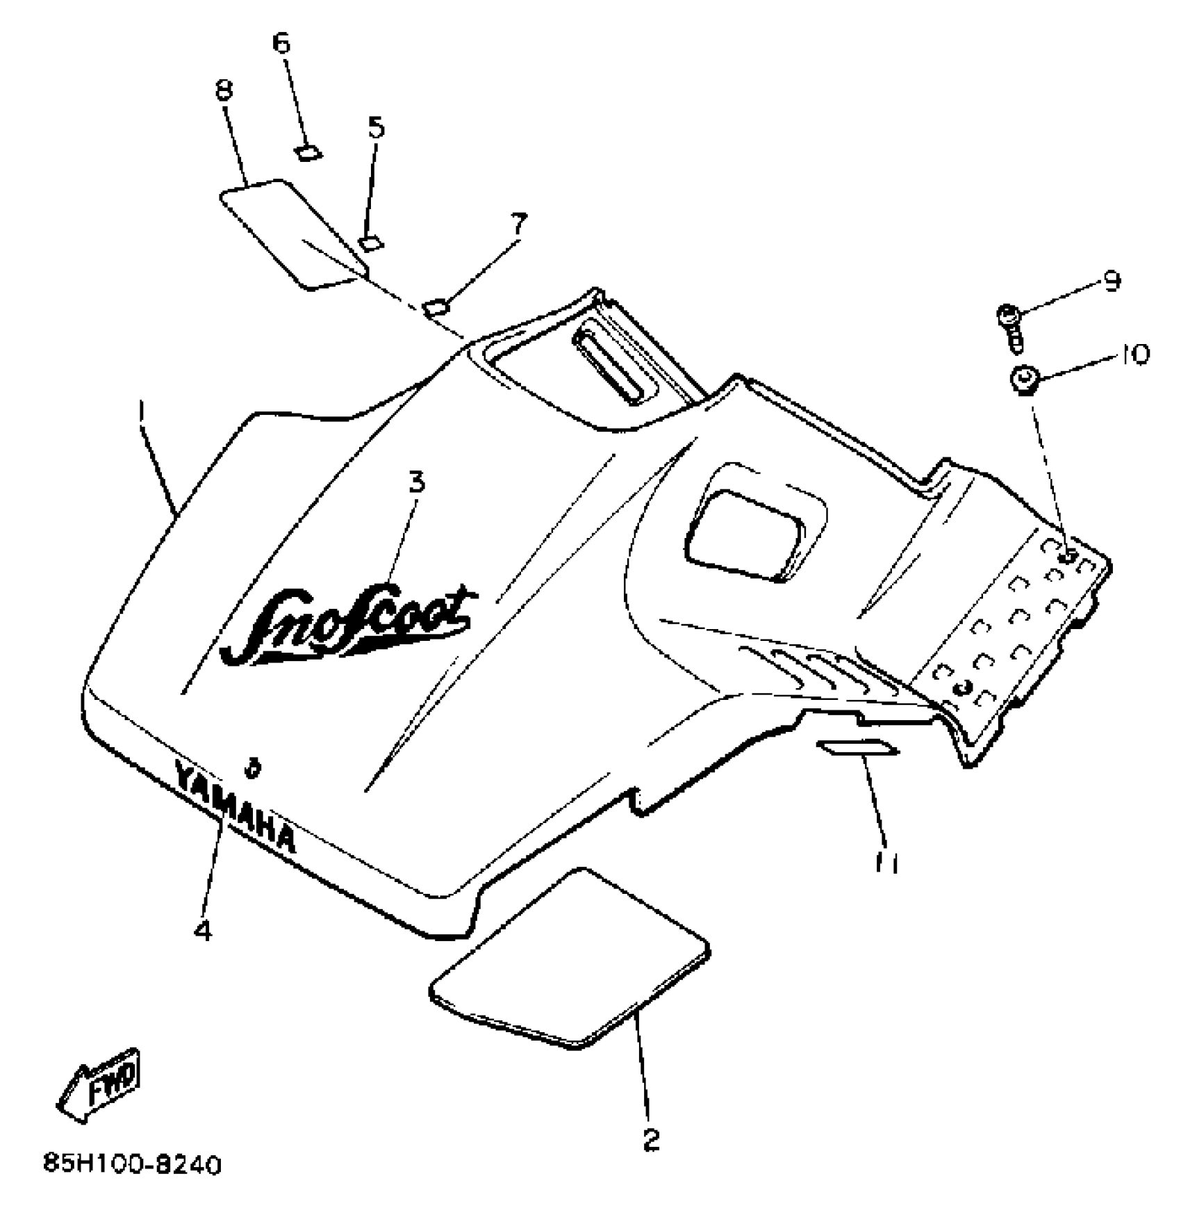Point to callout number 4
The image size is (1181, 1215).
[202, 929]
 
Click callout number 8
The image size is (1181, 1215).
[224, 90]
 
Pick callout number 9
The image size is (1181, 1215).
[1111, 281]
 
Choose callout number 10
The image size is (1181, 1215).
[1134, 354]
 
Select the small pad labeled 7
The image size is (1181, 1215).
[436, 306]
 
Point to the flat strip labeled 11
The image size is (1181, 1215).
[859, 748]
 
